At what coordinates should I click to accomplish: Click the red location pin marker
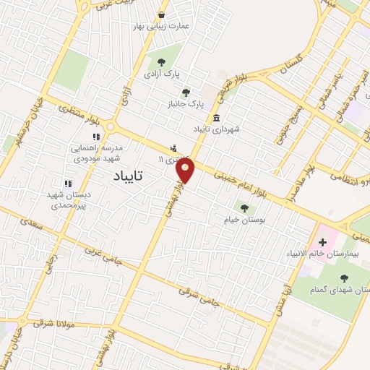[x=186, y=171]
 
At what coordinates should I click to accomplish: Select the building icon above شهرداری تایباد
[x=216, y=117]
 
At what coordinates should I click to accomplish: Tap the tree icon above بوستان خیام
[x=244, y=208]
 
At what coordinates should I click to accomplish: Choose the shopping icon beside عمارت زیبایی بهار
[x=161, y=14]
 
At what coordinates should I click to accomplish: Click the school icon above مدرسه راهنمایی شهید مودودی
[x=96, y=136]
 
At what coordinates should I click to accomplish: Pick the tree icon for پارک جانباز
[x=186, y=92]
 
